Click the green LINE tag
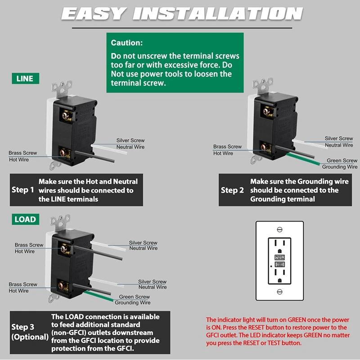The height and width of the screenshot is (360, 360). point(25,79)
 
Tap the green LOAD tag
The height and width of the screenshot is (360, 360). point(25,220)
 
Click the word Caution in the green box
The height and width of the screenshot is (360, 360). point(127,43)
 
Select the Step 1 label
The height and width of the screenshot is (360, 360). point(22,190)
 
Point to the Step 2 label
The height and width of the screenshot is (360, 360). point(232,190)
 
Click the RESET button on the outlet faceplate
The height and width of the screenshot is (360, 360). point(279,258)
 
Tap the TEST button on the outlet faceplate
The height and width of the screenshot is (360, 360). point(279,265)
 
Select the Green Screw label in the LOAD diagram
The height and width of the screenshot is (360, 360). point(135,297)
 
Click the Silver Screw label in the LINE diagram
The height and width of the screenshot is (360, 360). point(130,141)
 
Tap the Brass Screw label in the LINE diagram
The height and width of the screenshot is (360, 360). point(22,153)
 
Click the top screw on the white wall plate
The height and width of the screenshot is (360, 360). point(279,229)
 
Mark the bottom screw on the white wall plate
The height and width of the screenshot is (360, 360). point(279,292)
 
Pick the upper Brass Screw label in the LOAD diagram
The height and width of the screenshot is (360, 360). point(29,245)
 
